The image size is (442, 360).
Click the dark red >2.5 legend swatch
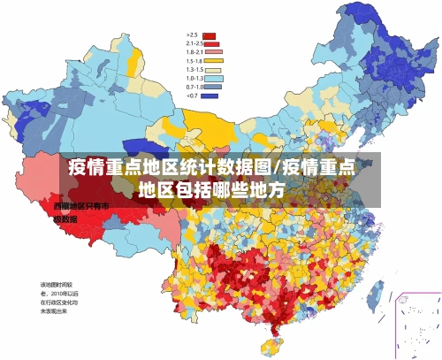pos(209,36)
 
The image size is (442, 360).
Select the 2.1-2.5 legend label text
pos(194,43)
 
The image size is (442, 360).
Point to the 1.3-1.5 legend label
pos(194,69)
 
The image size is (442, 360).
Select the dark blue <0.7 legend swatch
pos(209,96)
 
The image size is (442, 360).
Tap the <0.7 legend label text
pos(192,96)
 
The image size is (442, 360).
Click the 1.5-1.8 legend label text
pos(194,60)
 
